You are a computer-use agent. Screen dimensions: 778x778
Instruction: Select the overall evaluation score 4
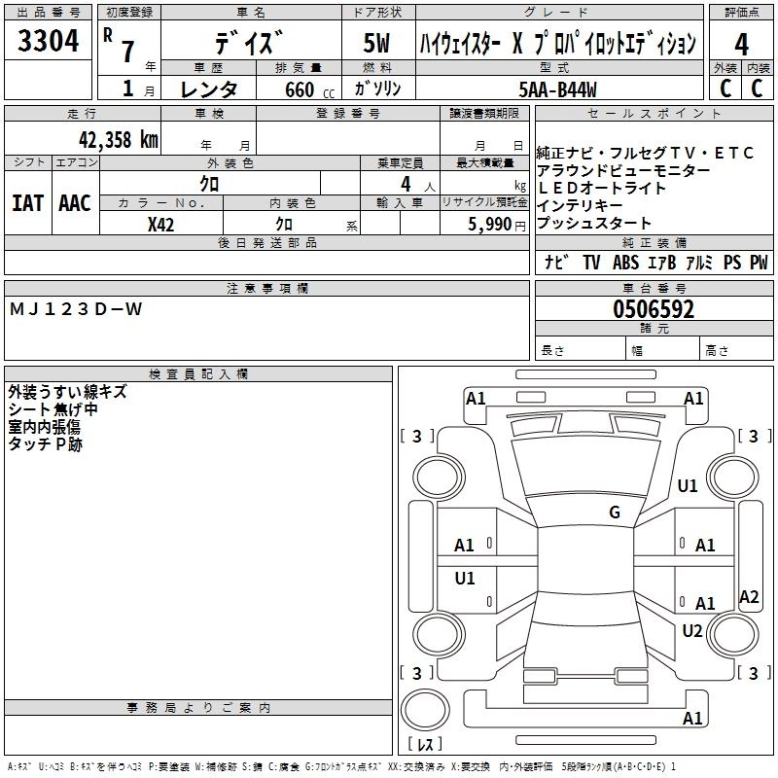pos(741,44)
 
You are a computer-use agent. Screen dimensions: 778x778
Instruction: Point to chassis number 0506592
pos(654,310)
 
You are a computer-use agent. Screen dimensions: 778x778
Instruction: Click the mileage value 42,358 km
pos(111,138)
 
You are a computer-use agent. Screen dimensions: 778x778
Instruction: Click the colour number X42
pos(160,225)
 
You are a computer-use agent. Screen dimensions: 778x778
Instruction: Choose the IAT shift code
pos(27,203)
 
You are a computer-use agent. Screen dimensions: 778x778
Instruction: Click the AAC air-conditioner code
pos(75,203)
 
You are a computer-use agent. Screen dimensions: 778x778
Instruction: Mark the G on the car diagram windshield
pos(615,513)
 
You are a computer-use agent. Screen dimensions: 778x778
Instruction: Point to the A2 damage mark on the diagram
pos(749,596)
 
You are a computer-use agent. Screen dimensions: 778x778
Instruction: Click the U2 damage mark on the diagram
pos(691,630)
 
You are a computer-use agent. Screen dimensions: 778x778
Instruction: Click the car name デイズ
pos(251,44)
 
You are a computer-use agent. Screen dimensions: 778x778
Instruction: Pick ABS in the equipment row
pos(625,263)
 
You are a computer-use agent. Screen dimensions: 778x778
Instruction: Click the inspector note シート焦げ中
pos(53,409)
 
